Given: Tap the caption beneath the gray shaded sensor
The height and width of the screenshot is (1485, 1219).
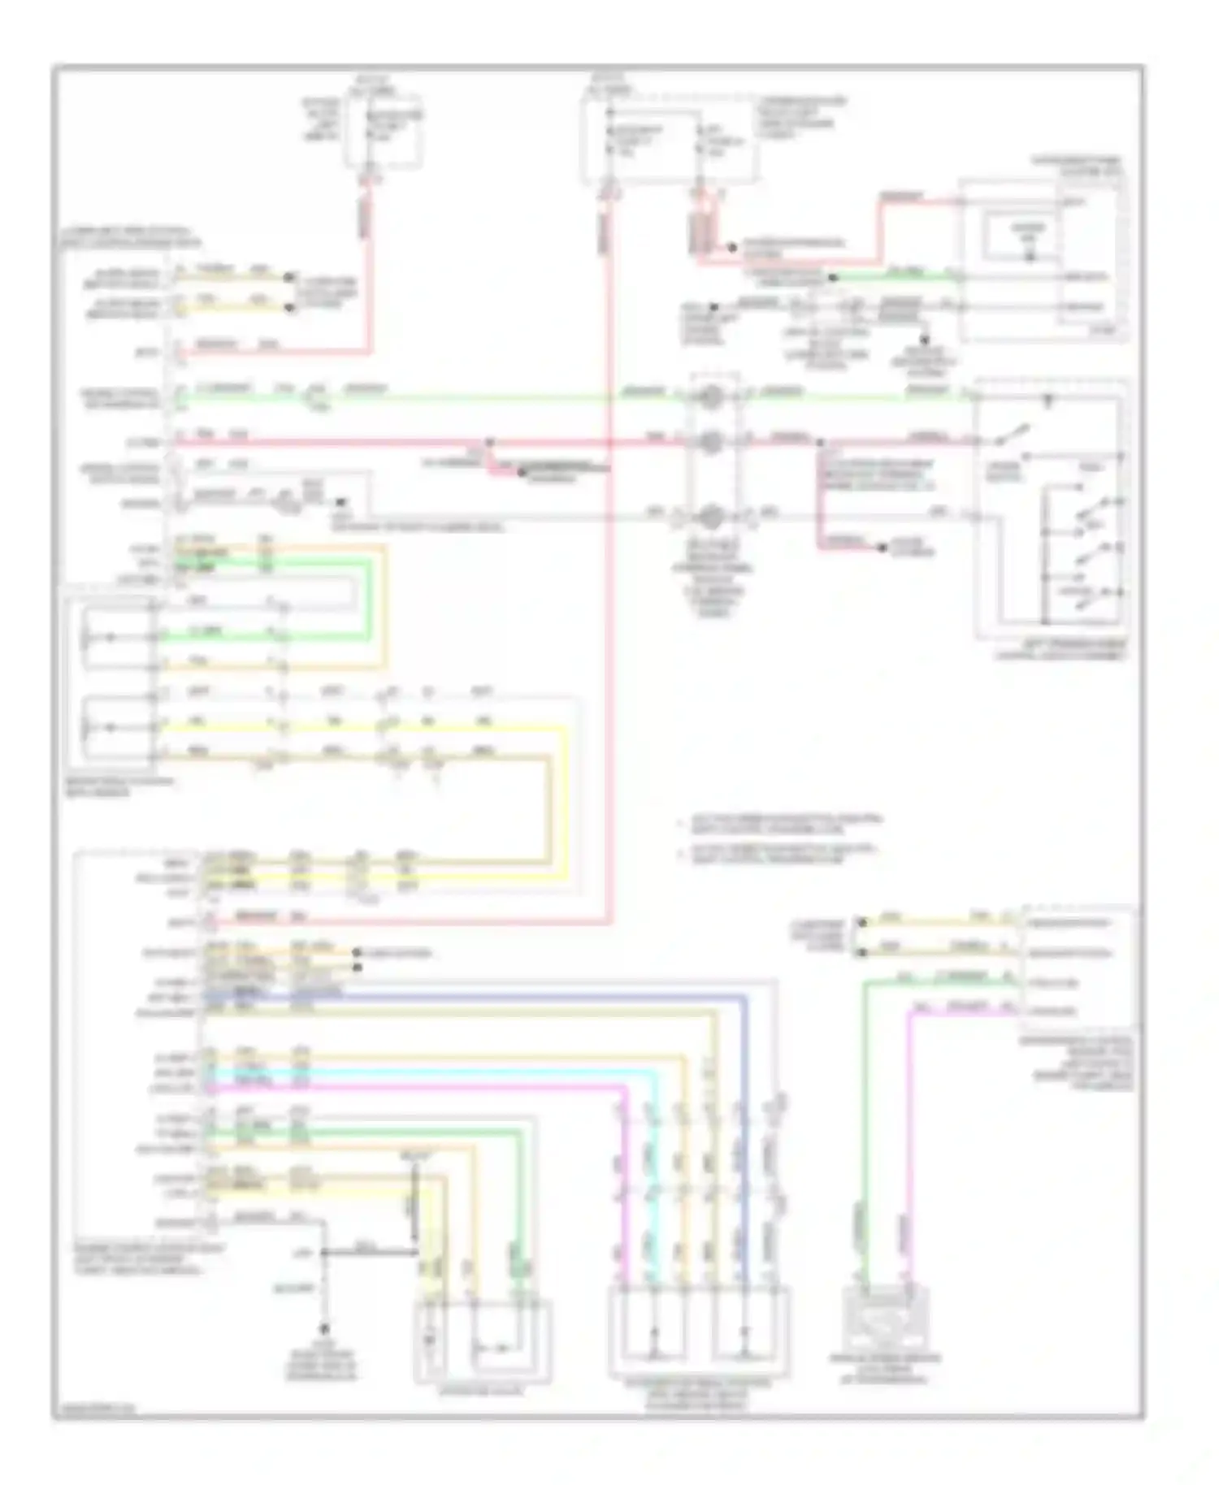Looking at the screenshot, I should pos(883,1367).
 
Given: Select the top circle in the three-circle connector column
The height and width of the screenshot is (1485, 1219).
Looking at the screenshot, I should pos(712,396).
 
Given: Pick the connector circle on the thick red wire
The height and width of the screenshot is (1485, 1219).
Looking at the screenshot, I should pos(712,442).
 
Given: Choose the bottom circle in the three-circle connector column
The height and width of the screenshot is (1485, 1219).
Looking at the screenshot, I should pos(712,514).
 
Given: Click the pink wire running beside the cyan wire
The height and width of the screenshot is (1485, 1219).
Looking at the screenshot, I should pos(423,1087).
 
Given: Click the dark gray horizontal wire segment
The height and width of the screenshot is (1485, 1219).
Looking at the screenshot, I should pos(370,1253).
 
